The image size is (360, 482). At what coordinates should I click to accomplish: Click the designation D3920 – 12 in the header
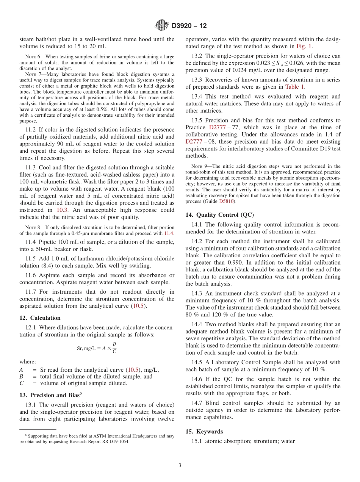pos(189,26)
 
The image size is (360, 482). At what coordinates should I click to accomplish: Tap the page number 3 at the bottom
pos(180,465)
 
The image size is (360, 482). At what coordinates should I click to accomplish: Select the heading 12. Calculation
pos(40,318)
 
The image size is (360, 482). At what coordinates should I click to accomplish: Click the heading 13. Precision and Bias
pos(49,395)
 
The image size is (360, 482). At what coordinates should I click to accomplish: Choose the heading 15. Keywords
pos(204,432)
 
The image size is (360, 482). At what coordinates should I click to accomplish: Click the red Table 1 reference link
pos(295,87)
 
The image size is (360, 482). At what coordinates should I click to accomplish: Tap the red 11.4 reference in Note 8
pos(169,233)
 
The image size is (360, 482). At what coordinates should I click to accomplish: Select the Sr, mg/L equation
pos(97,347)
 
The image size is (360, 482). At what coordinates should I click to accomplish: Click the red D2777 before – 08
pos(195,141)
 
